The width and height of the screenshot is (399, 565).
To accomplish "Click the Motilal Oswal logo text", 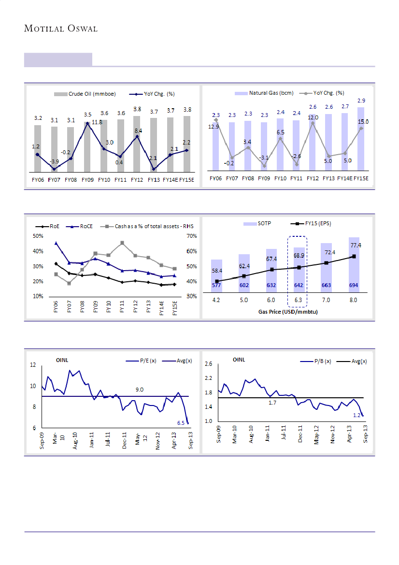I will point(61,29).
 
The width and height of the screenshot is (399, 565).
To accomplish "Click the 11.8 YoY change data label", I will point(97,122).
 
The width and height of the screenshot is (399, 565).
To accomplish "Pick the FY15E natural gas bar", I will point(360,139).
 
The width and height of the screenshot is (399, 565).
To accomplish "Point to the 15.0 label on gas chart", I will point(363,122).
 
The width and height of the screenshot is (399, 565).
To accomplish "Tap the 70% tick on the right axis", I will point(191,236).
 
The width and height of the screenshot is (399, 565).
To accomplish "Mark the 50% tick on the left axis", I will point(38,236).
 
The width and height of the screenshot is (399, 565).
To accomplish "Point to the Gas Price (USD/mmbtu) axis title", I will point(287,312).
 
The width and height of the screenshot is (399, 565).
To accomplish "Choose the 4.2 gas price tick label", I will point(217,300).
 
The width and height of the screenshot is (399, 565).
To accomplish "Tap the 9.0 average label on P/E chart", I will point(140,390).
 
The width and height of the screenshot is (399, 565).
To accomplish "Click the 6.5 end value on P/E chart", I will point(181,423).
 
